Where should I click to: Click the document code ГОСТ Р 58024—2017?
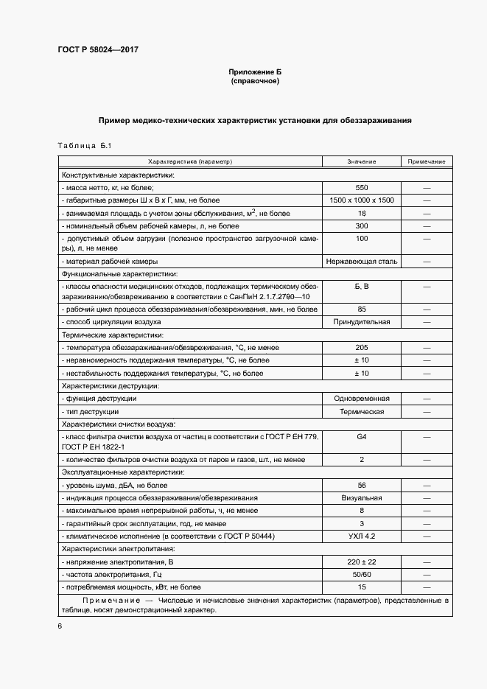click(98, 50)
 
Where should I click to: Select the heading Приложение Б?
click(255, 71)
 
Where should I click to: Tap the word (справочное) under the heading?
click(255, 80)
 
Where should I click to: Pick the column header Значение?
click(361, 161)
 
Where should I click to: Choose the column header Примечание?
click(427, 161)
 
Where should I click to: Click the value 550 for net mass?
click(361, 188)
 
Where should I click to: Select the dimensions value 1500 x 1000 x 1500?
click(361, 200)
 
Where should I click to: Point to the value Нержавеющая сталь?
click(361, 261)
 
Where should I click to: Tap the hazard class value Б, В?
click(361, 285)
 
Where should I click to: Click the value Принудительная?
click(361, 322)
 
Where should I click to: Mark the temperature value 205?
click(361, 347)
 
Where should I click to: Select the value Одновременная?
click(361, 398)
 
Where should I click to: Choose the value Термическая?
click(361, 411)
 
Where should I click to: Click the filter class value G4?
click(361, 437)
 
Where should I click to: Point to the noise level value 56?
click(361, 485)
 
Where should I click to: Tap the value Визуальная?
click(361, 498)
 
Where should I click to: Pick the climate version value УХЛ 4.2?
click(361, 536)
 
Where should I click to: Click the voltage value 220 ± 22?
click(361, 562)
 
